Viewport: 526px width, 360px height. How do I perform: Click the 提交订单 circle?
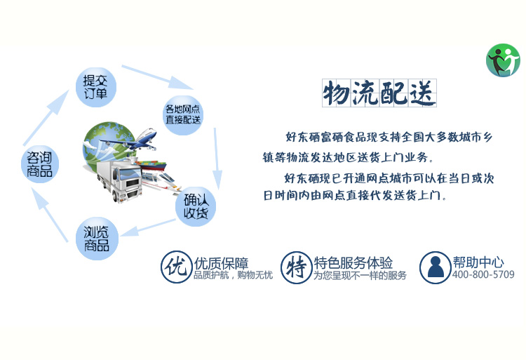(x=96, y=87)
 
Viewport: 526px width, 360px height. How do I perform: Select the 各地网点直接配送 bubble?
(x=183, y=115)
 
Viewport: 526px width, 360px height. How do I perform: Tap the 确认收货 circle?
(x=196, y=206)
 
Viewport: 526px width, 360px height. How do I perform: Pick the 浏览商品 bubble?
(x=97, y=239)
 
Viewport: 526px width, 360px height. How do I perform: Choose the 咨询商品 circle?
(x=40, y=164)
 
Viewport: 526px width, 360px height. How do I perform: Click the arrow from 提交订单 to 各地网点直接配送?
(x=157, y=77)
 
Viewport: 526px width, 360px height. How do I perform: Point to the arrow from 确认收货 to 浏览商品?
(x=147, y=227)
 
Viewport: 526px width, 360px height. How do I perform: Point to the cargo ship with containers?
(x=151, y=165)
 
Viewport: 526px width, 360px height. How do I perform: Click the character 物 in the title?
(x=336, y=93)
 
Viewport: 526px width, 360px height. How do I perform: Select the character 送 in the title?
(x=422, y=93)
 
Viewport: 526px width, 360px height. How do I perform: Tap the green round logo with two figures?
(x=503, y=60)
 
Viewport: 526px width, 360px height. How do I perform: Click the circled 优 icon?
(x=176, y=267)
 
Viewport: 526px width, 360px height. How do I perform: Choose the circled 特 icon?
(x=296, y=267)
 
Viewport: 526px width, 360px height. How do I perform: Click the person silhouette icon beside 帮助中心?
(x=435, y=267)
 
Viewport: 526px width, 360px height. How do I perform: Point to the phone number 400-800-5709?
(x=483, y=274)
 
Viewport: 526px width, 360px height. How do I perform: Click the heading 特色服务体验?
(x=353, y=262)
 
